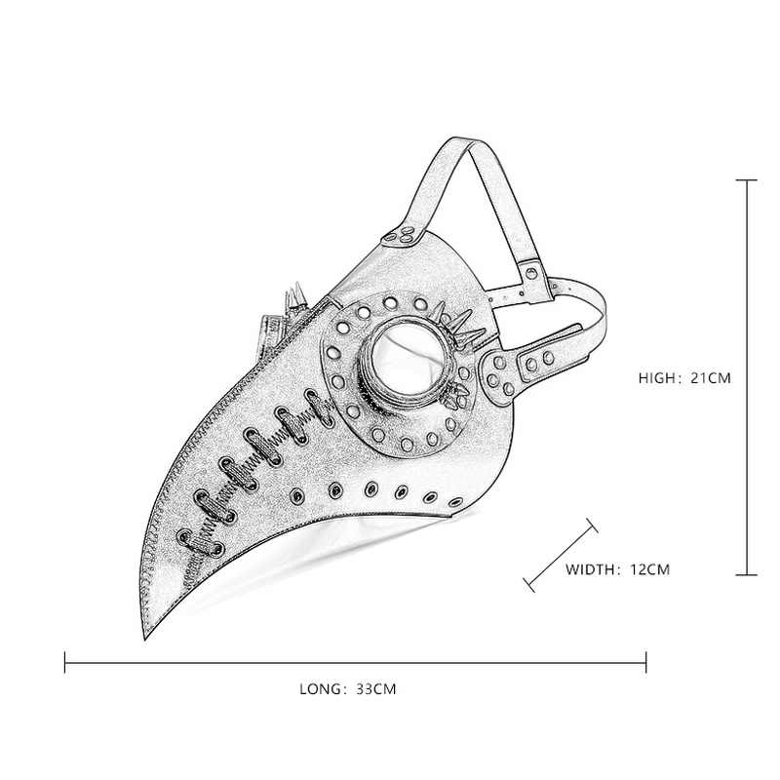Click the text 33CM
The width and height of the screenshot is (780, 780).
click(375, 688)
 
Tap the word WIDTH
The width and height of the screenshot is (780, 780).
click(592, 568)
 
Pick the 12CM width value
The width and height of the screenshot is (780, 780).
click(647, 568)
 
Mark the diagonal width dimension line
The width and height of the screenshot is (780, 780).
click(561, 554)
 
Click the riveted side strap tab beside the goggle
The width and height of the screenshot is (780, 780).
click(514, 370)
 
